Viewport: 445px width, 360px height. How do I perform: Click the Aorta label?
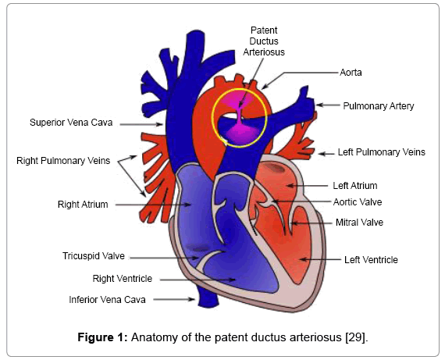coord(351,73)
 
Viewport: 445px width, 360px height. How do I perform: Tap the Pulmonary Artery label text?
coord(379,106)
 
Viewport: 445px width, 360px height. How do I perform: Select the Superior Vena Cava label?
coord(71,123)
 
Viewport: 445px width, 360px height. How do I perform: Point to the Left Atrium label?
coord(355,186)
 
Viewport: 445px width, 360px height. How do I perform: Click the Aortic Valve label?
coord(358,202)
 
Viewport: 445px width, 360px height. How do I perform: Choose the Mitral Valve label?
coord(359,223)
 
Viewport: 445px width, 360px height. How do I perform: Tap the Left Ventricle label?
coord(371,259)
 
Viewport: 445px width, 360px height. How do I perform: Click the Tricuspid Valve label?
coord(94,256)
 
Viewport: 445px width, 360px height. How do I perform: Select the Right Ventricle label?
coord(123,279)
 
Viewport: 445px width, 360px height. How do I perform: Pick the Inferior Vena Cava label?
coord(107,300)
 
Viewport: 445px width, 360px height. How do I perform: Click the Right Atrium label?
coord(83,205)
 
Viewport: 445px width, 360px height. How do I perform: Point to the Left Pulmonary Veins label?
coord(382,152)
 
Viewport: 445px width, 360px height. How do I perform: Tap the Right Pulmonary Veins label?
coord(63,161)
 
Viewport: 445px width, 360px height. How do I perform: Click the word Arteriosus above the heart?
coord(264,52)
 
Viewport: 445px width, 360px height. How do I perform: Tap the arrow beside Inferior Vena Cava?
coord(174,299)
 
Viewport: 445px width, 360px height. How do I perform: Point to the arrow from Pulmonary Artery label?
coord(328,105)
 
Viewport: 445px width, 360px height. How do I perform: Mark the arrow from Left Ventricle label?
coord(320,259)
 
